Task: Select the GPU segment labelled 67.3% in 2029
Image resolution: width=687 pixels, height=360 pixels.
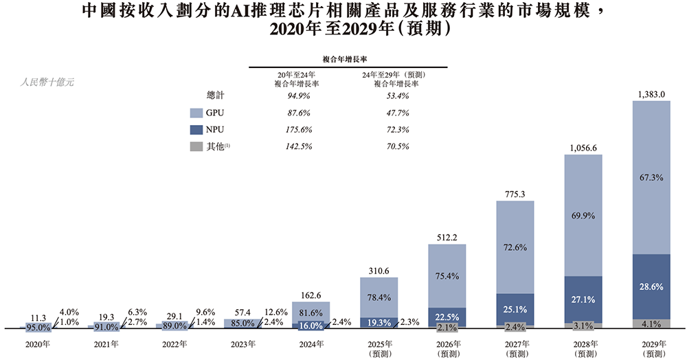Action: coord(651,177)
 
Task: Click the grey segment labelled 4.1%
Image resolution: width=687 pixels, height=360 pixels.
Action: coord(651,323)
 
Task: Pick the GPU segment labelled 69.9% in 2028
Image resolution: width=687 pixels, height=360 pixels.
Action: coord(583,215)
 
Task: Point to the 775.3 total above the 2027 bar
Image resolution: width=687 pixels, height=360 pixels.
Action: coord(515,194)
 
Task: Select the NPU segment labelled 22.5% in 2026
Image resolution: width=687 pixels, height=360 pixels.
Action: coord(447,317)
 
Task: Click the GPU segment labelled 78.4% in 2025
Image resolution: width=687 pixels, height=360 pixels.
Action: coord(379,297)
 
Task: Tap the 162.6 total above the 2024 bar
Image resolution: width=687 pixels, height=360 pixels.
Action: coord(311,295)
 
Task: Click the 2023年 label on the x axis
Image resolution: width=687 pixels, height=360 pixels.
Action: coord(244,344)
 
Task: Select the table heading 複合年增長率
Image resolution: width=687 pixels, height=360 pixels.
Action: coord(348,60)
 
